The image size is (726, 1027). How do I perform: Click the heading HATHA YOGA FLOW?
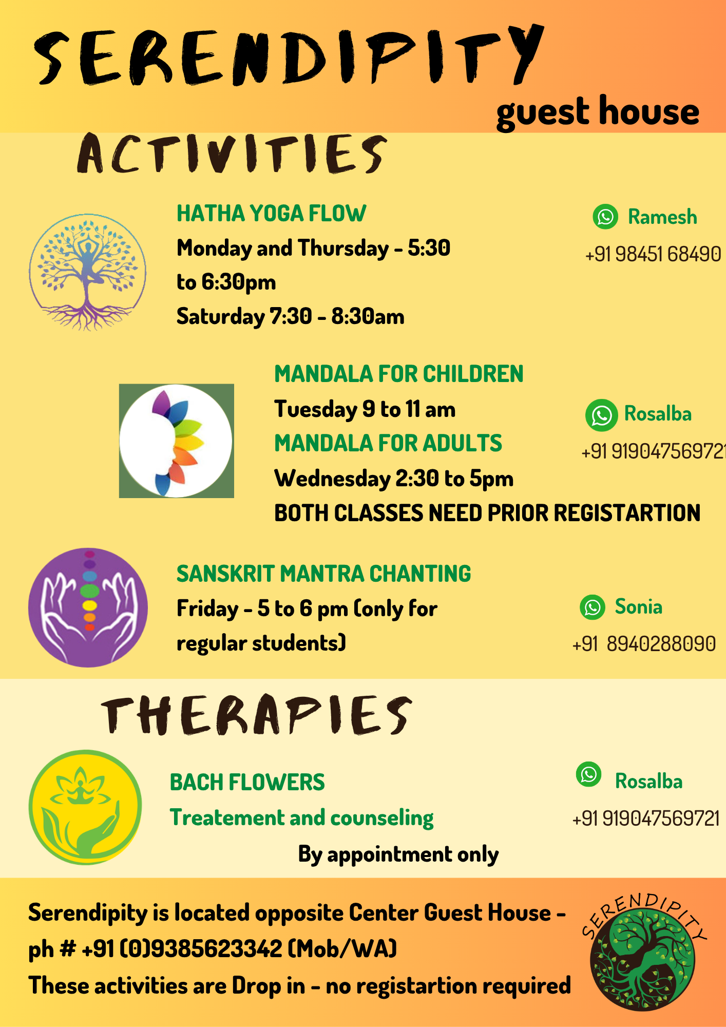tap(271, 214)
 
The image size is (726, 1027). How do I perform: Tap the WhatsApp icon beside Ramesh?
tap(605, 217)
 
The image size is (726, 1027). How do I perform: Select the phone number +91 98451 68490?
tap(653, 254)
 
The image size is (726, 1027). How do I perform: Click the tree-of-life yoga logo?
tap(87, 272)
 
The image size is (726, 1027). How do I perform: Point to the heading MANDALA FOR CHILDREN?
tap(399, 374)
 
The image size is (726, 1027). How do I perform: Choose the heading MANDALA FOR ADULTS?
tap(388, 443)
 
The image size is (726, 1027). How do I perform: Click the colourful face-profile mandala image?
tap(177, 441)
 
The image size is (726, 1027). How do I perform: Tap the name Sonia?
tap(639, 607)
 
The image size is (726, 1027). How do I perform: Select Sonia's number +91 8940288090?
tap(644, 644)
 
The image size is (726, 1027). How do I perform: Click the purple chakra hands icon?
tap(88, 607)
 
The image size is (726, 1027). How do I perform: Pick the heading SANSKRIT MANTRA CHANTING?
tap(323, 574)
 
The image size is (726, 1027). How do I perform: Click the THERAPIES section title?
tap(256, 715)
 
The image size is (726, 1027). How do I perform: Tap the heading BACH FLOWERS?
tap(247, 783)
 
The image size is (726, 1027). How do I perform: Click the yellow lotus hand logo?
tap(85, 807)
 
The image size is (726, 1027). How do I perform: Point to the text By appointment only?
tap(398, 855)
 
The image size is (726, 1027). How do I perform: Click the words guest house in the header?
tap(598, 112)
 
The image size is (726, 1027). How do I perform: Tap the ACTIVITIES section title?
tap(232, 153)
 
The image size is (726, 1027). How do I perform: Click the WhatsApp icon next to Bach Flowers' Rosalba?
tap(588, 774)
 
